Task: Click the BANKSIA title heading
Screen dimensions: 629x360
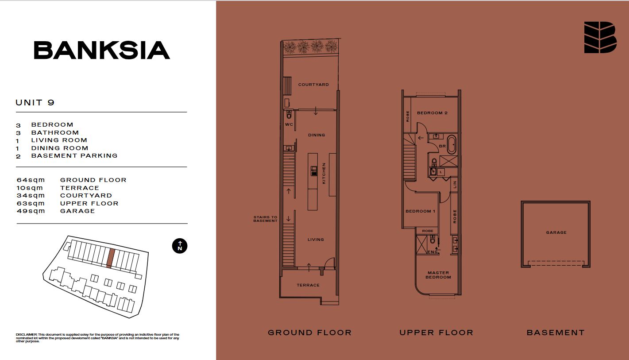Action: click(x=102, y=50)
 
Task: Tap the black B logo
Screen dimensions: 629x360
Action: click(x=600, y=37)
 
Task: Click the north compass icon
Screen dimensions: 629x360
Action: click(x=180, y=246)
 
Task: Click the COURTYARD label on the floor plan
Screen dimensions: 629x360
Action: click(x=313, y=85)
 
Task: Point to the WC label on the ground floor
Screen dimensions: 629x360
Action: click(x=289, y=124)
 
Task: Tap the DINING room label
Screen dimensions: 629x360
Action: click(x=316, y=135)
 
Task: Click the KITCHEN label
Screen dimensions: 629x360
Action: click(x=324, y=174)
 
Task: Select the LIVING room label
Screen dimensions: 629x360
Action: click(x=316, y=240)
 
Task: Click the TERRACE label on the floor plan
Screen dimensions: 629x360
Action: click(x=308, y=285)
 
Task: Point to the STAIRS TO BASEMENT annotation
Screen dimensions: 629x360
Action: click(x=265, y=219)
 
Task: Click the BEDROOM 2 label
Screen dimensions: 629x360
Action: click(x=432, y=113)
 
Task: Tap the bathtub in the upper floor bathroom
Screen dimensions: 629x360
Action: click(x=451, y=144)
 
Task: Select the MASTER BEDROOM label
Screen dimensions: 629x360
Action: click(x=438, y=275)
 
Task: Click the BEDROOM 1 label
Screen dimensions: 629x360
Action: click(x=421, y=211)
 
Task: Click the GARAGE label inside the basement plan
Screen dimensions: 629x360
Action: click(x=556, y=232)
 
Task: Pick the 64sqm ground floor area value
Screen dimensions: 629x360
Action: click(x=31, y=180)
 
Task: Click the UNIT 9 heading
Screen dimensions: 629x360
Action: click(x=35, y=102)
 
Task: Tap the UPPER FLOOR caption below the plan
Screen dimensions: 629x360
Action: click(x=436, y=333)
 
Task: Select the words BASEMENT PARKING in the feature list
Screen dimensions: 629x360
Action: click(x=74, y=155)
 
